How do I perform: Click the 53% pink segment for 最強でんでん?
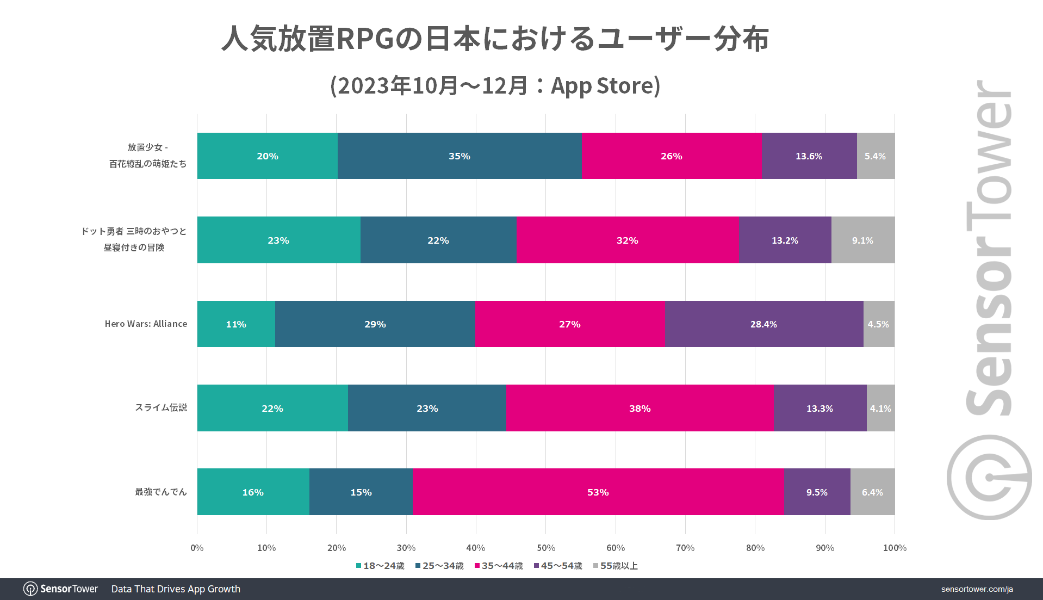point(598,492)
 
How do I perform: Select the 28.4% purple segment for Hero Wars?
point(764,324)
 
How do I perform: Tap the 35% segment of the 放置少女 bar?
point(460,156)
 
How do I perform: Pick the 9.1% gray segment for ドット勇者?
point(863,240)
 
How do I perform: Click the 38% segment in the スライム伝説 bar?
point(640,408)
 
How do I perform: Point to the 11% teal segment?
point(236,324)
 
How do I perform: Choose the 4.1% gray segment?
point(881,408)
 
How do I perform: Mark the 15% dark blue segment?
point(361,492)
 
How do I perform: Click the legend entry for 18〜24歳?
point(380,566)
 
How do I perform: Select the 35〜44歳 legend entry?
point(499,566)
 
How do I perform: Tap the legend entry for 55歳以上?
point(615,566)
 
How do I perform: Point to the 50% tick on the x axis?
point(546,548)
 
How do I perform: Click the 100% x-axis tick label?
point(895,548)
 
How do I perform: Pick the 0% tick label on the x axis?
point(197,548)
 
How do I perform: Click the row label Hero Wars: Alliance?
point(146,324)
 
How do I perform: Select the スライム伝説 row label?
point(161,407)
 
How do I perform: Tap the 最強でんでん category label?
point(161,492)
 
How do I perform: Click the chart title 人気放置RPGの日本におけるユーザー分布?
point(495,39)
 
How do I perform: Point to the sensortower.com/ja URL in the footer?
point(977,589)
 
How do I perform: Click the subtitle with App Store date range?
point(495,85)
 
